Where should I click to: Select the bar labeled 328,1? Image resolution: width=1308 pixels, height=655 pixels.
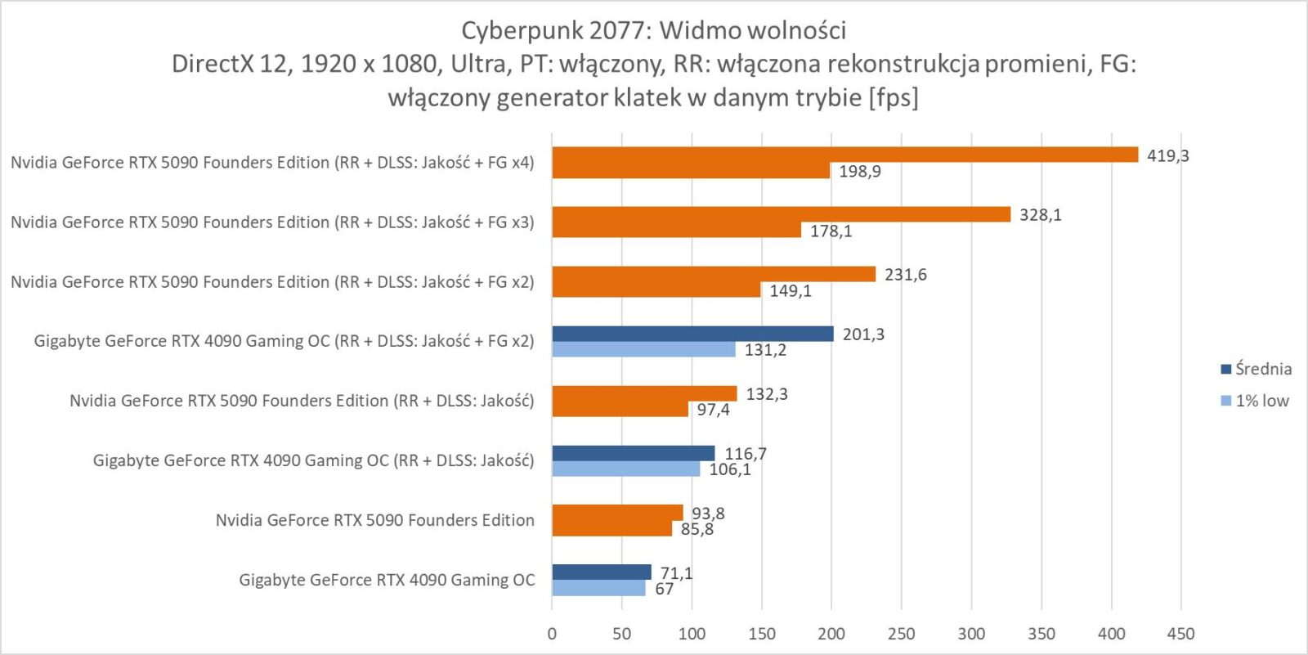point(781,214)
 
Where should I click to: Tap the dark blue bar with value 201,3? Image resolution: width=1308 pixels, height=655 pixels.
point(692,334)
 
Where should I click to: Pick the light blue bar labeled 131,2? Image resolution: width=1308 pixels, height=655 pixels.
point(643,349)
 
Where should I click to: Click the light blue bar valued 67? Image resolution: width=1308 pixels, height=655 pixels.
point(598,588)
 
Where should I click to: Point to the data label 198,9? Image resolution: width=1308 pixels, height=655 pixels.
point(859,172)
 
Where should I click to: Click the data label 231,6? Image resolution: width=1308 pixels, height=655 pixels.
point(905,275)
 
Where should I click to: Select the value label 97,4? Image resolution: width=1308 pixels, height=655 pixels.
point(713,410)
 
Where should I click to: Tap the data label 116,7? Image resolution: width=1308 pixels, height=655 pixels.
point(746,454)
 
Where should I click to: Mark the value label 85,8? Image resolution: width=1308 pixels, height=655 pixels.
point(697,529)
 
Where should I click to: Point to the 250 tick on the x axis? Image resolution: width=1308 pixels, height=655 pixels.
point(902,634)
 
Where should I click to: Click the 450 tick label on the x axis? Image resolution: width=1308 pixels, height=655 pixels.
point(1180,634)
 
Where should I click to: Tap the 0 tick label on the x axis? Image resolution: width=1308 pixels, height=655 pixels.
point(552,634)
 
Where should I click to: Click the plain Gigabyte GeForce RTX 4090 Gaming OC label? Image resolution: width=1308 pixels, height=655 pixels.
point(386,580)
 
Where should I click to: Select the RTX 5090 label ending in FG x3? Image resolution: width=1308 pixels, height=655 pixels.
point(271,222)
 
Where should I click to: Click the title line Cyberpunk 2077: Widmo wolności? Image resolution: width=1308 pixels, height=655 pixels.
point(653,30)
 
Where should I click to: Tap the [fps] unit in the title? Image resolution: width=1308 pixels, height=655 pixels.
point(894,98)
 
